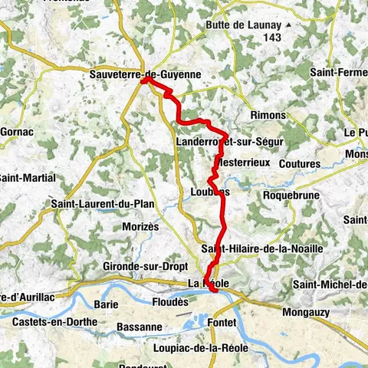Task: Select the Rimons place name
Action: pyautogui.click(x=268, y=115)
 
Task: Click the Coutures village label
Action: pyautogui.click(x=299, y=163)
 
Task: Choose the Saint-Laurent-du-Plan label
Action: pyautogui.click(x=102, y=204)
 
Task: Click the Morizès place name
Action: pyautogui.click(x=140, y=227)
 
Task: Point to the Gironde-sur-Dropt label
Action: pyautogui.click(x=141, y=266)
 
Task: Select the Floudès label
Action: pyautogui.click(x=169, y=303)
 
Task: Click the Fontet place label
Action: pyautogui.click(x=222, y=323)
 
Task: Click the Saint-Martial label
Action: pyautogui.click(x=27, y=178)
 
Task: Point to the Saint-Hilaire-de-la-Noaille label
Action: pyautogui.click(x=261, y=249)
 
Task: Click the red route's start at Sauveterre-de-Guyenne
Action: pyautogui.click(x=144, y=79)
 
